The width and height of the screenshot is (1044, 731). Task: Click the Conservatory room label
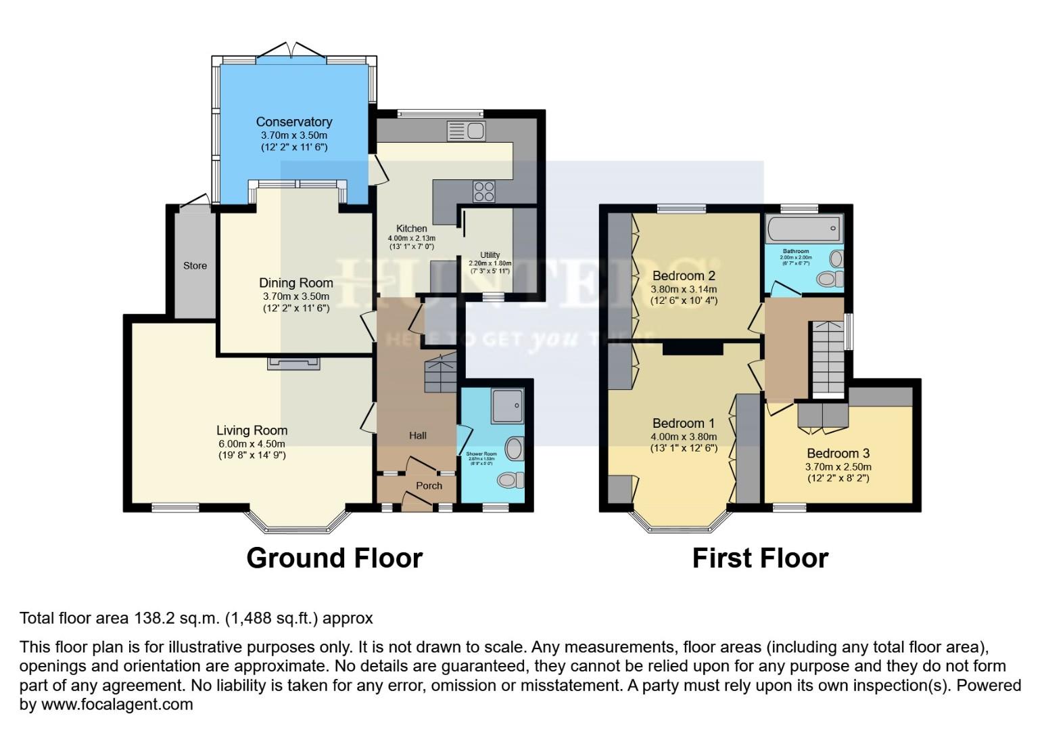[x=293, y=122]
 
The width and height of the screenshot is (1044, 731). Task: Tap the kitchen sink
[x=466, y=131]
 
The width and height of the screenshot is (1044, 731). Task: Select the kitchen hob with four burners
[x=484, y=192]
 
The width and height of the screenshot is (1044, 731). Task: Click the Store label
[x=195, y=265]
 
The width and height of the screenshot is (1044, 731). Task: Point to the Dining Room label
[x=296, y=283]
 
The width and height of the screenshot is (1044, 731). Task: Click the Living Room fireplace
[x=293, y=363]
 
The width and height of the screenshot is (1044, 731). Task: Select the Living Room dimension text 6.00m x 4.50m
[x=252, y=444]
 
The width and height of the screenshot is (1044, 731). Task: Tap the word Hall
[x=417, y=435]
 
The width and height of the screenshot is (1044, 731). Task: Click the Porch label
[x=429, y=485]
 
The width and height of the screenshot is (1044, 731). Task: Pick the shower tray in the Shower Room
[x=507, y=406]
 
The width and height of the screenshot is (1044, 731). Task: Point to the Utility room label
[x=490, y=255]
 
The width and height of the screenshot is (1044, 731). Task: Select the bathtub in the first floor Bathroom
[x=803, y=229]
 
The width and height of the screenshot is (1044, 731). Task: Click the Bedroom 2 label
[x=684, y=275]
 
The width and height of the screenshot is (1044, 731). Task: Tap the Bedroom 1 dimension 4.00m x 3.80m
[x=684, y=437]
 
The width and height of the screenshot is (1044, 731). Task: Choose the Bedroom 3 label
[x=838, y=453]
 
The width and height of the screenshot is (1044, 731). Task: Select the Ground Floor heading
[x=334, y=558]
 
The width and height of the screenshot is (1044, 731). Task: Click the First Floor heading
[x=760, y=558]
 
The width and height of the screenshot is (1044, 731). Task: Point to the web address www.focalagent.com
[x=117, y=704]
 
